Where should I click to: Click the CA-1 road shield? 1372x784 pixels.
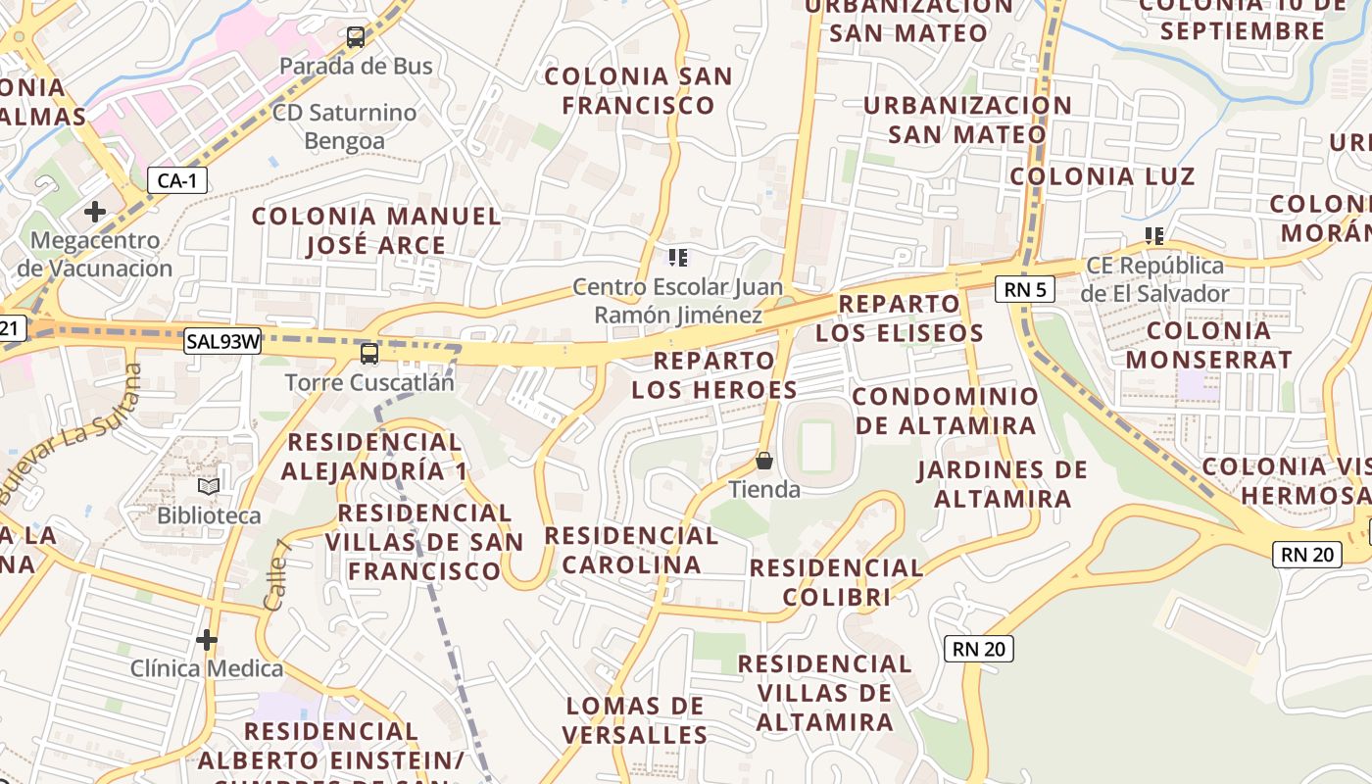click(x=177, y=180)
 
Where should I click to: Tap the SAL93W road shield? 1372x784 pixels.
click(x=223, y=341)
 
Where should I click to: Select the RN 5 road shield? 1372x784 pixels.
click(x=1025, y=289)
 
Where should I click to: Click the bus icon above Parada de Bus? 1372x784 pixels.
click(x=356, y=38)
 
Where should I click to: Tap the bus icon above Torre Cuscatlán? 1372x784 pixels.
click(x=369, y=354)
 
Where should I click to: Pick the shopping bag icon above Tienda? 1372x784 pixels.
click(x=764, y=461)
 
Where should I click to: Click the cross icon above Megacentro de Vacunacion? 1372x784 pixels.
click(x=95, y=212)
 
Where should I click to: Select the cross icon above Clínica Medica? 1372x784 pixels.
click(x=207, y=640)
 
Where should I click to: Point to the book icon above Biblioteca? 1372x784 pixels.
click(x=209, y=486)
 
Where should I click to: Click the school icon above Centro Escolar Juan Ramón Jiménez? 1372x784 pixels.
click(x=677, y=258)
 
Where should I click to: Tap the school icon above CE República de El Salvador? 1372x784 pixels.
click(x=1154, y=236)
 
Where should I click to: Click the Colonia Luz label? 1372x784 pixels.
click(x=1102, y=176)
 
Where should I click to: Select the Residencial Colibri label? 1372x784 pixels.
click(x=836, y=582)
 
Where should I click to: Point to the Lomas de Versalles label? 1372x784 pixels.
click(x=636, y=720)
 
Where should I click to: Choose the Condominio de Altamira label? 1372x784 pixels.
click(x=946, y=411)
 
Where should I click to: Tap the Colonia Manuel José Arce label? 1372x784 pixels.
click(x=377, y=230)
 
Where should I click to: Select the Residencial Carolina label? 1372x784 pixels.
click(x=631, y=550)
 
